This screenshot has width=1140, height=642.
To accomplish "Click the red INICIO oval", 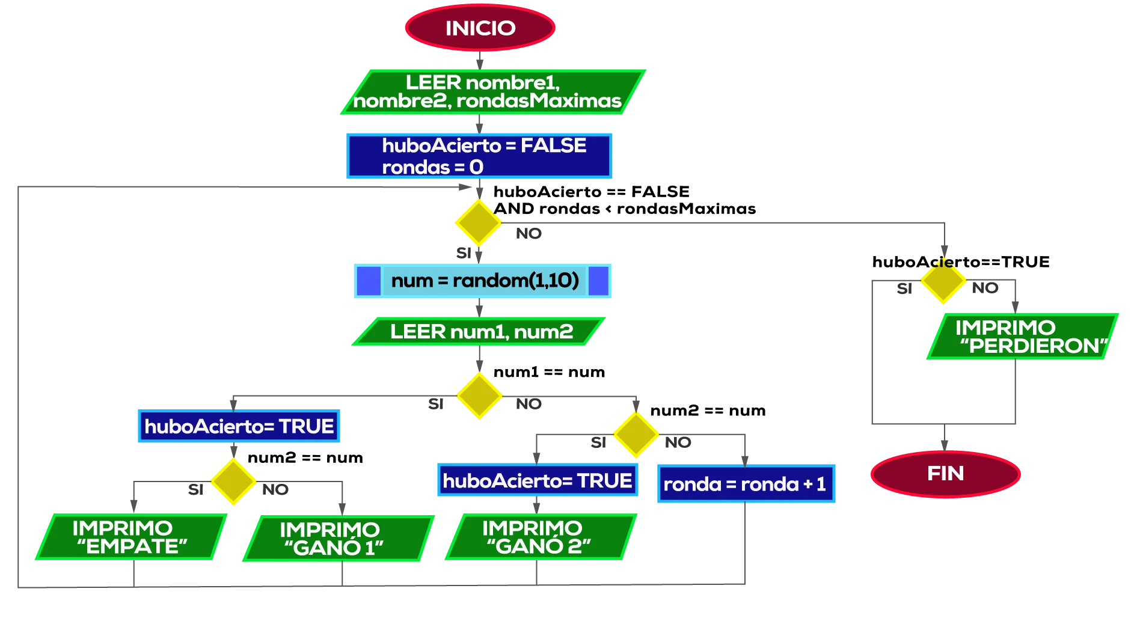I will tap(480, 28).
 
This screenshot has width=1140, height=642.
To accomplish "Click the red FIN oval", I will tap(945, 474).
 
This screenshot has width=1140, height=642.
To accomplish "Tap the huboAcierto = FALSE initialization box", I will tap(480, 156).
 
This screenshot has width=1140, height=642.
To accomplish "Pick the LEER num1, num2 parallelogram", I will tap(479, 331).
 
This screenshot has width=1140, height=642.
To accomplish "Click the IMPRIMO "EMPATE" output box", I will tap(131, 537).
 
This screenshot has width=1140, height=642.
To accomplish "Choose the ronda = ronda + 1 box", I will tap(745, 484).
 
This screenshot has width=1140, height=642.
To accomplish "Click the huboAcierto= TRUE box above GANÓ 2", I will tap(537, 481).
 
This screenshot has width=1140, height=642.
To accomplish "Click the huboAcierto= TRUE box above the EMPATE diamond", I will tap(239, 427).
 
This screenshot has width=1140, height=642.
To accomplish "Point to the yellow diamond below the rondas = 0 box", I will tap(478, 222).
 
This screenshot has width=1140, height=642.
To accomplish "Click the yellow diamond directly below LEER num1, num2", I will tap(479, 395).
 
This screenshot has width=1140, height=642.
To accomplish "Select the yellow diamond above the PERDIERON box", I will tap(943, 281).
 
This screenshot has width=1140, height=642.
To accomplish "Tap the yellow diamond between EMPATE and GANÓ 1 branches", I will tap(233, 481).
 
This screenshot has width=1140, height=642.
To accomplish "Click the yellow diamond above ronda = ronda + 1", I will tap(636, 434).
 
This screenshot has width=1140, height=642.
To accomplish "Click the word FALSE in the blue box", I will tap(553, 145).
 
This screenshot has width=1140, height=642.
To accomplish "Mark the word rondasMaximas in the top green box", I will tap(539, 101).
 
